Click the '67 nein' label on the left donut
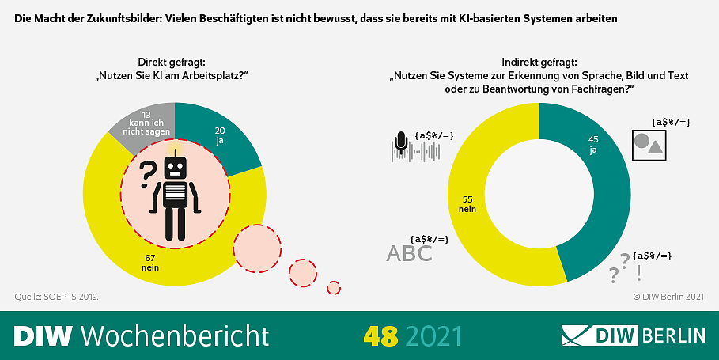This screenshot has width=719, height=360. pos(151,262)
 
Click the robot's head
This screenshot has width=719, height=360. pos(175,167)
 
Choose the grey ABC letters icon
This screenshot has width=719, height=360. pos(409,253)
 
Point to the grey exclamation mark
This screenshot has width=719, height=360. pos(638,271)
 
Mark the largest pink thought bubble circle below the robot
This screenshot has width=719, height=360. pos(257,247)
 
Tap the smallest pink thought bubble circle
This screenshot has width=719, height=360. pos(334,287)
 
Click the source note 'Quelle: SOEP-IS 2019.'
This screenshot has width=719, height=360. pos(57,297)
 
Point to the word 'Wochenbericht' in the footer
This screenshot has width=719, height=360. pos(175,335)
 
